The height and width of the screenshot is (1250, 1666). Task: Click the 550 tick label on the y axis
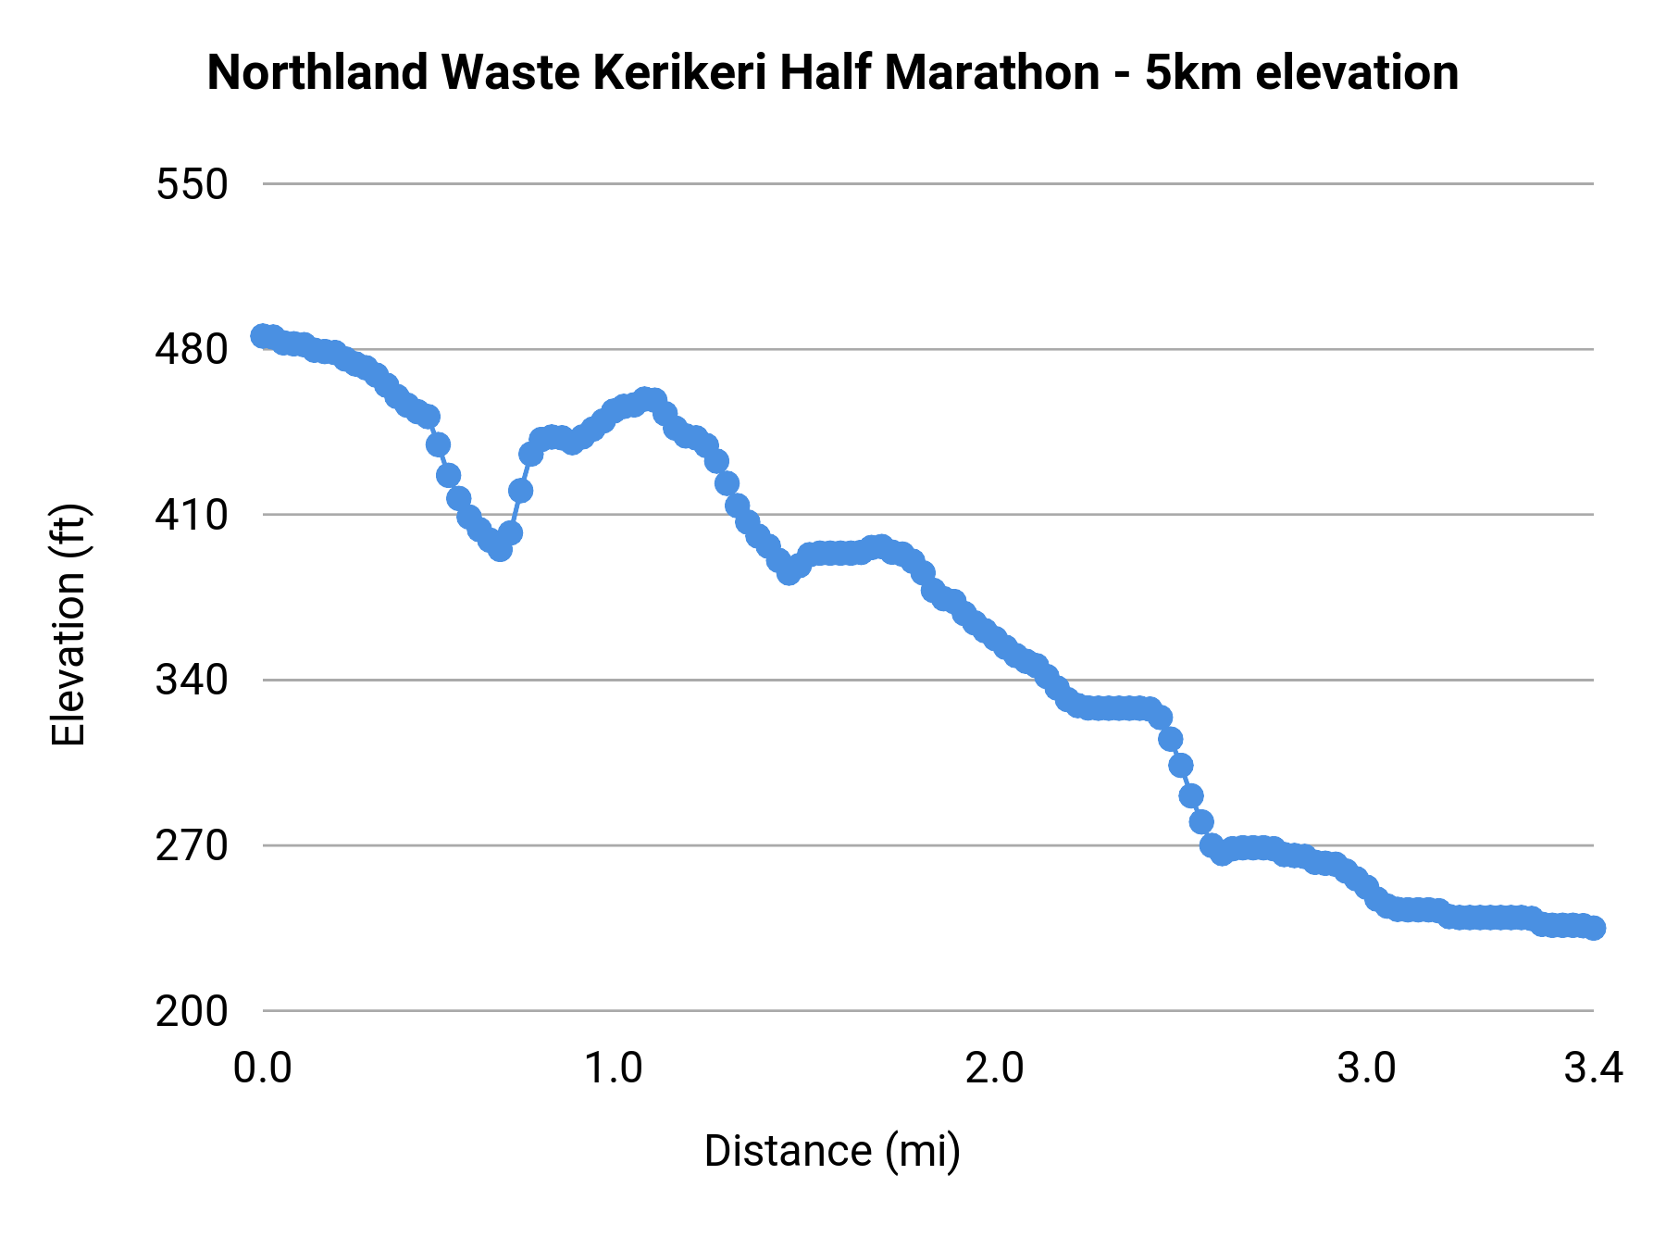coord(192,184)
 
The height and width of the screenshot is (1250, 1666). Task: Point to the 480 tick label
coord(192,350)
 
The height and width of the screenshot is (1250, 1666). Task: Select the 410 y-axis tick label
coord(192,515)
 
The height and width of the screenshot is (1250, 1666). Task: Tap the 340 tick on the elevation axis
coord(192,681)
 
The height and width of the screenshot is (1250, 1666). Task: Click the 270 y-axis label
coord(192,845)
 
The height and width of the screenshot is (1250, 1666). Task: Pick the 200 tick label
coord(192,1011)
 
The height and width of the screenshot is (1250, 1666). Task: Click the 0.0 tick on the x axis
coord(263,1069)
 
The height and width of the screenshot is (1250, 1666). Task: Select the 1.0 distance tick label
coord(614,1069)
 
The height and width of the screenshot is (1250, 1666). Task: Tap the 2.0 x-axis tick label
coord(994,1069)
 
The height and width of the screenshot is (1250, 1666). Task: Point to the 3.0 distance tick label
coord(1367,1069)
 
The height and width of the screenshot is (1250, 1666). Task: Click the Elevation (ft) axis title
coord(68,625)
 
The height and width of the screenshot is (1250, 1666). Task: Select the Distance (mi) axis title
coord(832,1151)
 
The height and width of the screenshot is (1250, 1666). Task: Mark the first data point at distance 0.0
coord(263,335)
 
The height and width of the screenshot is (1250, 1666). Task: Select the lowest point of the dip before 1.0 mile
coord(500,549)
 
